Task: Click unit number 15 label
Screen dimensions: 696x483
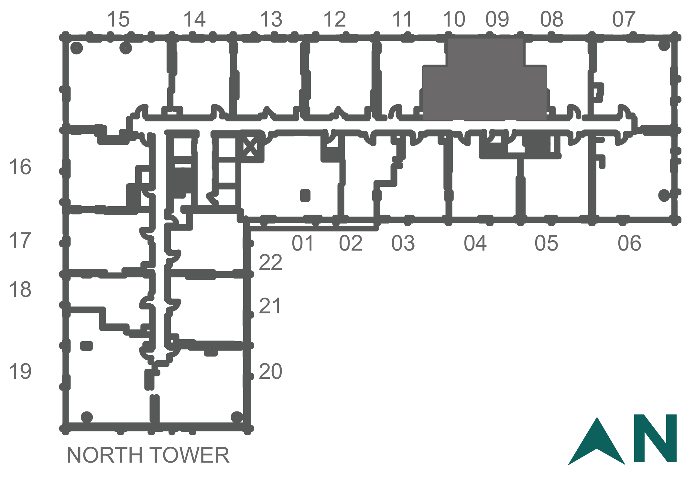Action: point(118,19)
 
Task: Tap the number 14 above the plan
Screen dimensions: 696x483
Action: point(194,19)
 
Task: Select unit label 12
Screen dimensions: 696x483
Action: point(335,19)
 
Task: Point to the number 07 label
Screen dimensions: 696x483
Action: point(624,19)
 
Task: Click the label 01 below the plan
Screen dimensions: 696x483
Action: point(303,243)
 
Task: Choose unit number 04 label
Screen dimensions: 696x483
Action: point(475,243)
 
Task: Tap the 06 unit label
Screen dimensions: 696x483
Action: point(629,243)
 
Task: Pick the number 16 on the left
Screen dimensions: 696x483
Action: point(20,167)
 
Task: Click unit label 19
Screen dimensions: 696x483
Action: point(20,371)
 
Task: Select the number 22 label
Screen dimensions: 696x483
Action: point(271,262)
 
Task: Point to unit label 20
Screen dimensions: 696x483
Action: point(271,371)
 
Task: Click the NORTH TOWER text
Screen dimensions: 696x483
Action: point(148,455)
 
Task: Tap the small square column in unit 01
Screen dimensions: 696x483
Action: point(305,196)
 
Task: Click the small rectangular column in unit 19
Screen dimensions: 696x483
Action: point(86,346)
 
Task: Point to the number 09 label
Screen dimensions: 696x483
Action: point(497,19)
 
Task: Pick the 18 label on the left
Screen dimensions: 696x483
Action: point(20,289)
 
